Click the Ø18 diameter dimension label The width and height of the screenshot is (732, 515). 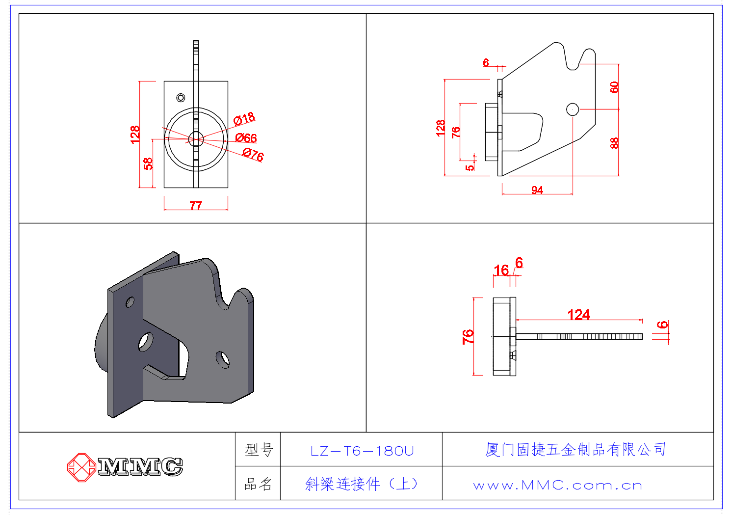pos(244,118)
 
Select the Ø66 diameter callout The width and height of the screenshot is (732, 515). pos(246,138)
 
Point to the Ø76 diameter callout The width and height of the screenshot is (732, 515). pos(253,155)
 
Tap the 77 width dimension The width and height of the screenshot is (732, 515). pos(196,205)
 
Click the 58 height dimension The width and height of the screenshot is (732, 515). pos(148,163)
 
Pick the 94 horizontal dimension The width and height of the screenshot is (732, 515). pos(537,190)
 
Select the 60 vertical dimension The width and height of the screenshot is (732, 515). pos(614,87)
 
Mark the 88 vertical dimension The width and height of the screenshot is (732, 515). pos(614,143)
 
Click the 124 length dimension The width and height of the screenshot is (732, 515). pos(579,315)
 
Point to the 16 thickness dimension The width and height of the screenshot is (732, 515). pos(501,271)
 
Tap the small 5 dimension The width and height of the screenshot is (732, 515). pos(470,167)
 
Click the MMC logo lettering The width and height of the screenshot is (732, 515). pos(140,466)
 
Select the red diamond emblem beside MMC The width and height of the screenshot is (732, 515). pos(81,466)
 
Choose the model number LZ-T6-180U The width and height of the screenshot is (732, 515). pos(362,451)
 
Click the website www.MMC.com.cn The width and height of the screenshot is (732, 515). pos(558,486)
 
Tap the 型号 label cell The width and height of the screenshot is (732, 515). pos(258,450)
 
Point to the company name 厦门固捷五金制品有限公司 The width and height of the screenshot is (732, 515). pos(575,449)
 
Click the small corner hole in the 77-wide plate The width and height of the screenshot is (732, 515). pos(181,98)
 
